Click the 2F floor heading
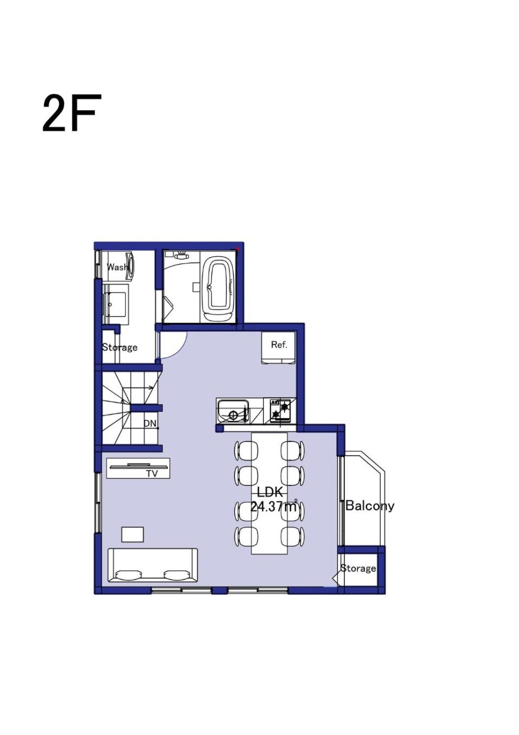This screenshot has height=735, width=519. pyautogui.click(x=69, y=113)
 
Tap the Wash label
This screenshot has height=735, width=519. pyautogui.click(x=118, y=267)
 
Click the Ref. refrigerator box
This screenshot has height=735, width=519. pyautogui.click(x=279, y=348)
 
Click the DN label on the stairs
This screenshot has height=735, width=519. pyautogui.click(x=150, y=424)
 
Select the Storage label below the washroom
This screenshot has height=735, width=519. pyautogui.click(x=120, y=347)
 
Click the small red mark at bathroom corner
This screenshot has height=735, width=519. pyautogui.click(x=238, y=249)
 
